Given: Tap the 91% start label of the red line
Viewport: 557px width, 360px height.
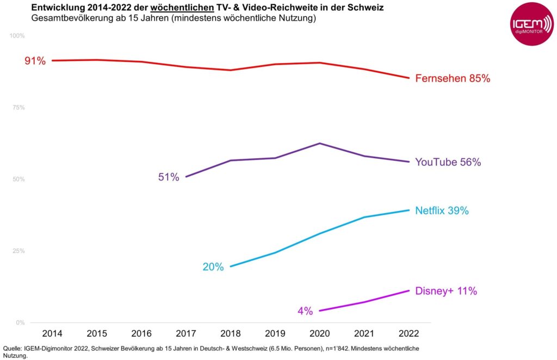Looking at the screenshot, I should [x=35, y=61].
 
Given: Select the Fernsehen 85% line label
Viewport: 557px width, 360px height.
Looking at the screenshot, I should [x=453, y=78].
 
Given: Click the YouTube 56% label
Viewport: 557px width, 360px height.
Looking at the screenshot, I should [x=448, y=162].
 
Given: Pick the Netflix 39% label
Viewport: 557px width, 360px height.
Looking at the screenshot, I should [x=442, y=211].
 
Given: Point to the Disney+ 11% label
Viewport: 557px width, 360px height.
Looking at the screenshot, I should [x=446, y=291].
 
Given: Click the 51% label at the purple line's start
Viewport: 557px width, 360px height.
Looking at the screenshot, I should [x=169, y=177].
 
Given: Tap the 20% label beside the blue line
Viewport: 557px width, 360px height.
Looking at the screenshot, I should [x=213, y=267].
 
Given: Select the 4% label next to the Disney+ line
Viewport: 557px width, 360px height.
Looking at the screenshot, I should [x=305, y=312].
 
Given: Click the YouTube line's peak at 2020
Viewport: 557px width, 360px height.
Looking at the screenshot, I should [x=319, y=143].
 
